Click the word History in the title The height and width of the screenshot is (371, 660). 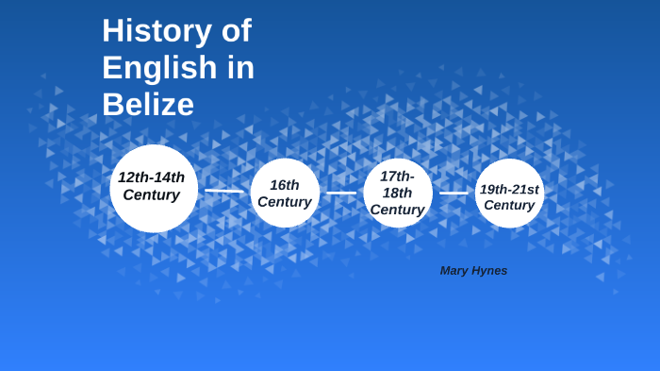point(155,31)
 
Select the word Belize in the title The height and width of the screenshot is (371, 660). point(148,104)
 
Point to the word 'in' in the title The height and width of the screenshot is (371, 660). point(243,68)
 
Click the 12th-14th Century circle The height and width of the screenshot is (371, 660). point(154,188)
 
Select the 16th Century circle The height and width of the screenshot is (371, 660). point(285,193)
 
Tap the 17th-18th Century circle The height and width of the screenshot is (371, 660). point(398,193)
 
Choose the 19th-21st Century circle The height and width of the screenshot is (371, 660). point(509,194)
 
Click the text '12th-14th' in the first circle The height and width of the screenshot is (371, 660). point(152,177)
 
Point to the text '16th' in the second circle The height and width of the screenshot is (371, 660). point(285,185)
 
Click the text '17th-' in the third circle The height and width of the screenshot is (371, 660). point(397,176)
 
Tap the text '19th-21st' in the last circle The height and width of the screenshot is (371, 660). point(509,189)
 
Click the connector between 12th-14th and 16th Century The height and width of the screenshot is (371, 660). point(223,191)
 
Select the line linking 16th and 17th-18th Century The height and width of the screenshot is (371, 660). point(341,193)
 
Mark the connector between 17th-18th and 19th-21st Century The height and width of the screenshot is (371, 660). point(454,193)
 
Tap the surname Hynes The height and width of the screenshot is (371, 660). point(491,271)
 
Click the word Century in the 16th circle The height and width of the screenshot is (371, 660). point(285,202)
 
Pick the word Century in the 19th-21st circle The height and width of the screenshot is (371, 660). point(509,205)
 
